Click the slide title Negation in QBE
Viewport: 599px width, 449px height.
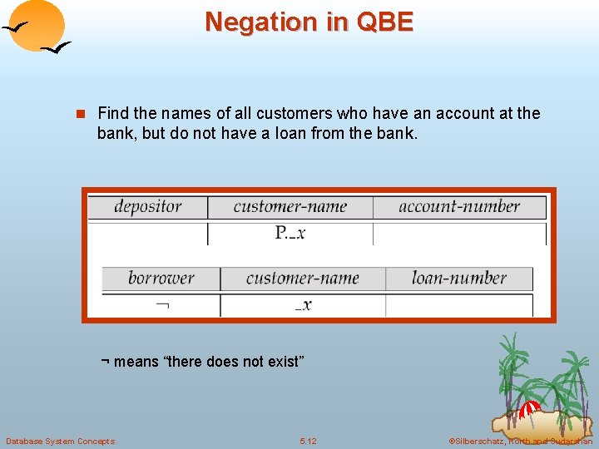point(309,22)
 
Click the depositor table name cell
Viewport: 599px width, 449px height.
point(148,207)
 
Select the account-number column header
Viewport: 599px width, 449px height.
point(458,207)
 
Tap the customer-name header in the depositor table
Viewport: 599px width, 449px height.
point(290,207)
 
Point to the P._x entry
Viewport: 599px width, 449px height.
point(290,234)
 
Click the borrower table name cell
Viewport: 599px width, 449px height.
point(161,279)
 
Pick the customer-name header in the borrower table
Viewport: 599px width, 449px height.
point(303,279)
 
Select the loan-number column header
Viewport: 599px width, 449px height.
point(458,279)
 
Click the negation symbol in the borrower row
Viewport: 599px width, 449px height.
point(162,305)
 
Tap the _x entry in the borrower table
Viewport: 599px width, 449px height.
point(304,305)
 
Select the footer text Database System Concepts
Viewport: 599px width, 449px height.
point(60,441)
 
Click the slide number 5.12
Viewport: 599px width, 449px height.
point(308,441)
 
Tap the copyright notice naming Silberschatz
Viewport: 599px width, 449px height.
point(520,441)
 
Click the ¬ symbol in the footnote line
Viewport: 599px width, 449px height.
point(105,363)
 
